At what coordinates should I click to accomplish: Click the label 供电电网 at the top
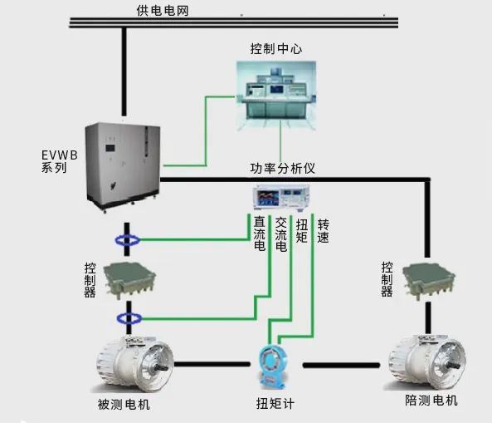(x=163, y=11)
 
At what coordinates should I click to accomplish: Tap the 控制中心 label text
(x=276, y=49)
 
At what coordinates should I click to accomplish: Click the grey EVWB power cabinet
(x=123, y=166)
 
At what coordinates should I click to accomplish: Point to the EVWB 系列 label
(x=60, y=161)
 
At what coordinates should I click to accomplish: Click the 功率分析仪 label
(x=282, y=168)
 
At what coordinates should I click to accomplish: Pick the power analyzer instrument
(x=281, y=197)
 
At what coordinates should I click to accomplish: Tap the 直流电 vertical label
(x=260, y=234)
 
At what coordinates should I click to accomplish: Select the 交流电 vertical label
(x=281, y=234)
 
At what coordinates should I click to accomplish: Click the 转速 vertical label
(x=324, y=231)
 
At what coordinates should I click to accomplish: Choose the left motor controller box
(x=129, y=281)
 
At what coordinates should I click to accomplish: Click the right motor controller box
(x=429, y=281)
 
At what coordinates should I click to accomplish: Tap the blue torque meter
(x=273, y=366)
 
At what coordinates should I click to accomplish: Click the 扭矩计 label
(x=275, y=404)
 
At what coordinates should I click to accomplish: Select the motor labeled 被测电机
(x=133, y=364)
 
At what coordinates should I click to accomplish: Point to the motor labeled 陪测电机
(x=426, y=362)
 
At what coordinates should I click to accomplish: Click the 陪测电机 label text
(x=431, y=401)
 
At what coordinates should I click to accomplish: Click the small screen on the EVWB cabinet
(x=110, y=148)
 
